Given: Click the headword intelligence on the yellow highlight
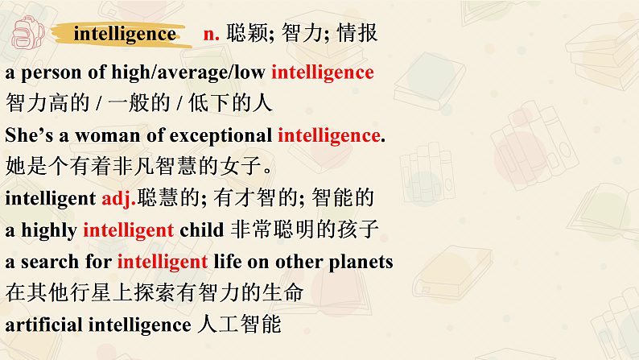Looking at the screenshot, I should [124, 34].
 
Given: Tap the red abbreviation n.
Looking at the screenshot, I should [212, 34].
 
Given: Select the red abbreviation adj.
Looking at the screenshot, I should [120, 198].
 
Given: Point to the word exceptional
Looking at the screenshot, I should [221, 135].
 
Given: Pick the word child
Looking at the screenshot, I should [201, 230].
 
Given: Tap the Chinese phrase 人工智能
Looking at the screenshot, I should [239, 325].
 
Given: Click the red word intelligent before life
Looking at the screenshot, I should [163, 262].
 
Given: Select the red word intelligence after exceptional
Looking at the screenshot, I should [328, 135].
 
